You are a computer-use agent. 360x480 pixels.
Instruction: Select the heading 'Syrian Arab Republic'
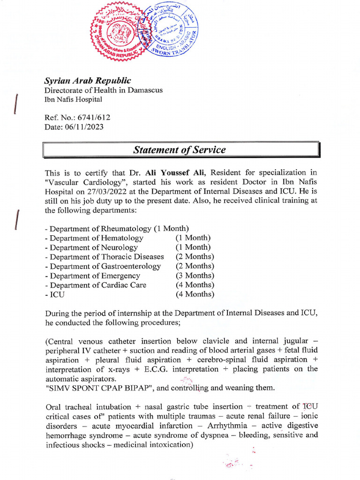pos(87,81)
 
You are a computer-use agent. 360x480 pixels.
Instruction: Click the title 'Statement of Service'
pos(180,150)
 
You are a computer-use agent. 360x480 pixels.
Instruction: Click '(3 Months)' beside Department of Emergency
pos(195,276)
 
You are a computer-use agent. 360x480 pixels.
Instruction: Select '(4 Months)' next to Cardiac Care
pos(195,285)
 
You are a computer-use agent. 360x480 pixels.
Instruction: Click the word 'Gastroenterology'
pos(131,266)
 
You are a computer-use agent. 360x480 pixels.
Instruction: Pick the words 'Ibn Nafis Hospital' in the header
pos(73,99)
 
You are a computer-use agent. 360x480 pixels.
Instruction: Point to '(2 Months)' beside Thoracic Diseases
pos(195,257)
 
